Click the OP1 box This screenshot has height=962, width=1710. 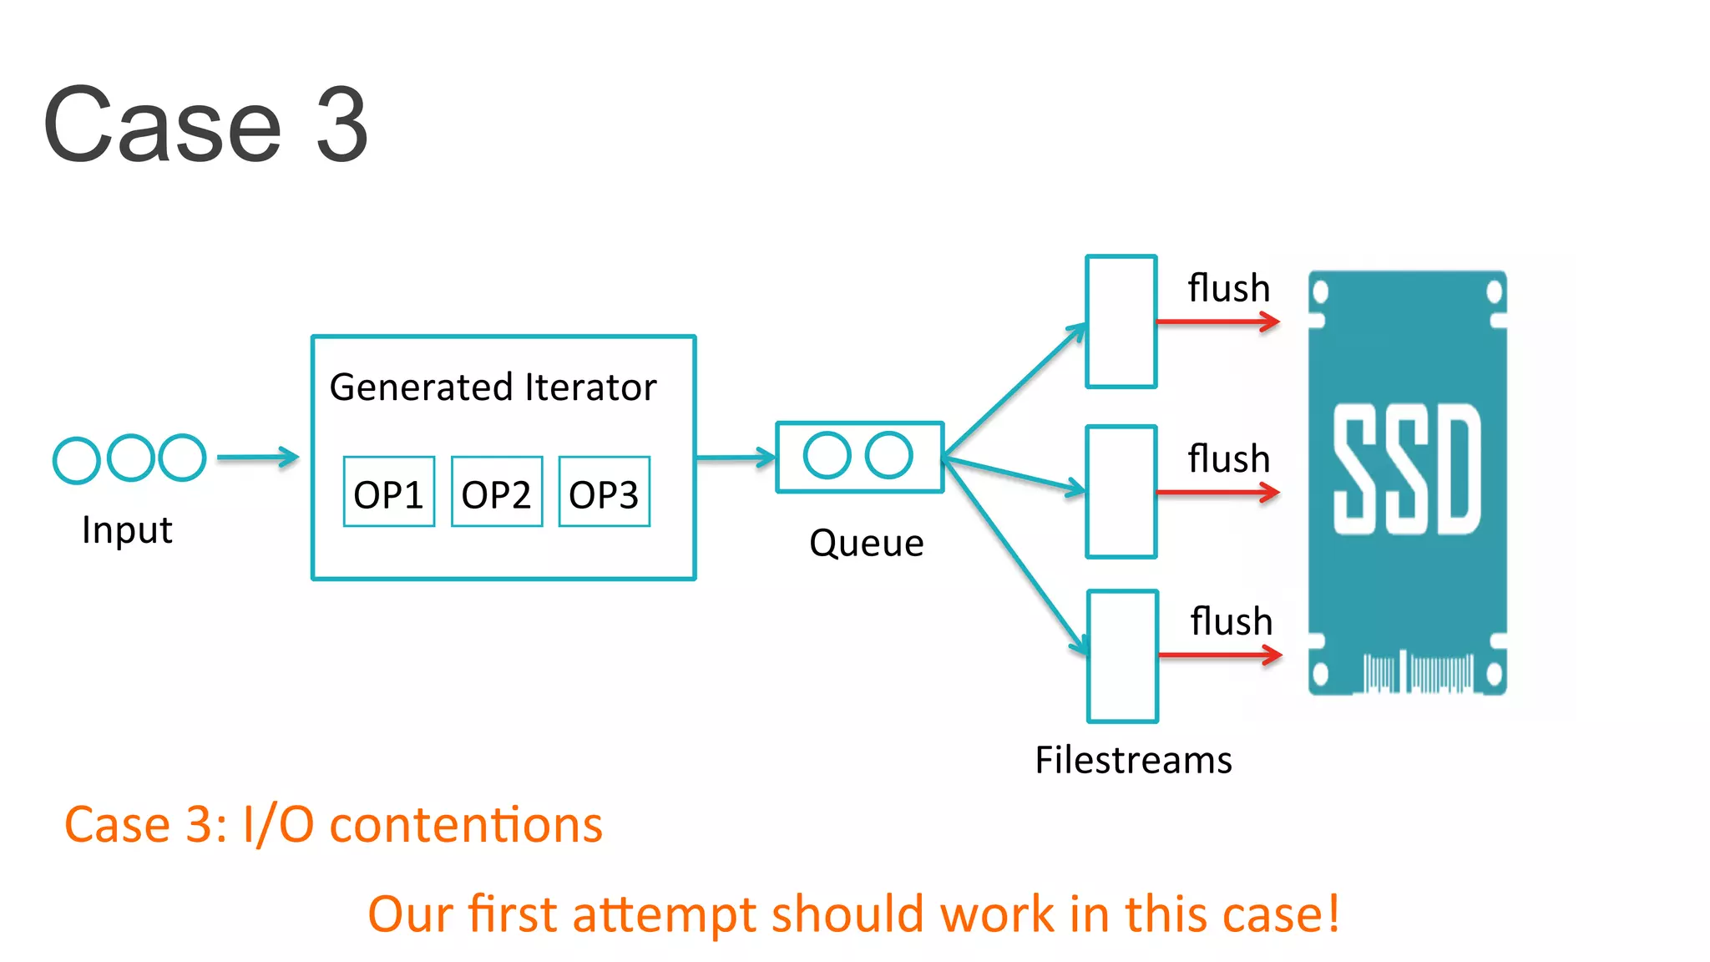(389, 492)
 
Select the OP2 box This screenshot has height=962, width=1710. (497, 492)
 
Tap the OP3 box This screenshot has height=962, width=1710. (604, 492)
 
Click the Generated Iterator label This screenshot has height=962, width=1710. (493, 387)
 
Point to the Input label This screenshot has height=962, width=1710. (127, 530)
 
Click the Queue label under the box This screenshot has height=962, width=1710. (866, 544)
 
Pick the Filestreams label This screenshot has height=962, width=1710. (1133, 760)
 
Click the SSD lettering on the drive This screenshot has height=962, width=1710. (1407, 469)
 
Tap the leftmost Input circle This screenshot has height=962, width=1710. (76, 460)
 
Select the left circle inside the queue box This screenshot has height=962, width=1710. (827, 455)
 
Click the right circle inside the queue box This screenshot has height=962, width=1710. (888, 455)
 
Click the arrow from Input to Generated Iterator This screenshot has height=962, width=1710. (257, 458)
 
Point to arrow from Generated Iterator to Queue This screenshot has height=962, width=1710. (735, 458)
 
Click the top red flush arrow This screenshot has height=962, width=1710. (1217, 322)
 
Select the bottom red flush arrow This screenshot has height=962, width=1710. (1220, 656)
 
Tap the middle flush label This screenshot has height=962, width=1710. (1228, 459)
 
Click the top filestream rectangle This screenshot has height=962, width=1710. (1121, 322)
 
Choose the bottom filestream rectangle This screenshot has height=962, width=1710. (1123, 656)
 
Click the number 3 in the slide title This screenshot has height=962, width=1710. (341, 125)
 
